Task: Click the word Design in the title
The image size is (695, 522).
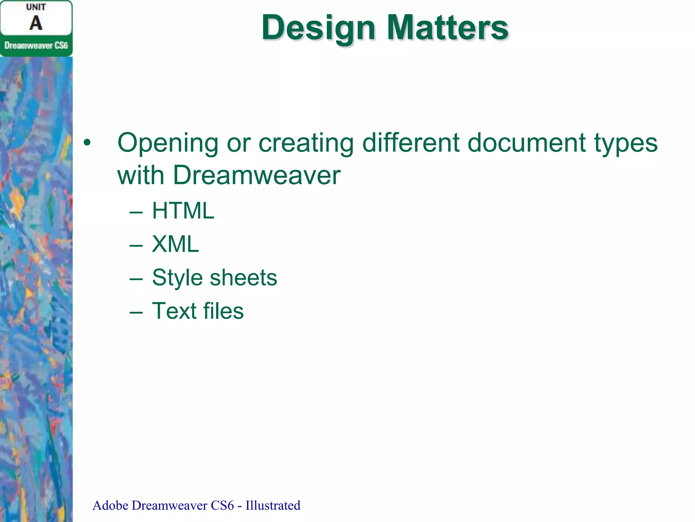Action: coord(318,28)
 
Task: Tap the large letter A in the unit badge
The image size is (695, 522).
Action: coord(36,23)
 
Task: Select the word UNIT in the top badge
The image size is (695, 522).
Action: coord(36,7)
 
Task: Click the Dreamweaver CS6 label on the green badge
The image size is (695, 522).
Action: coord(36,46)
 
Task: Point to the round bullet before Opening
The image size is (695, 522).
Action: coord(87,143)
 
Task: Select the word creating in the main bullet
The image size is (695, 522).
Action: coord(306,143)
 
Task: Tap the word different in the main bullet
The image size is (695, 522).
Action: coord(411,142)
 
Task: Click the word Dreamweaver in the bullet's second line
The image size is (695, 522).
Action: coord(257,175)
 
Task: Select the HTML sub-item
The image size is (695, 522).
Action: coord(183,211)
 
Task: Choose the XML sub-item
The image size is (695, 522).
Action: coord(175,244)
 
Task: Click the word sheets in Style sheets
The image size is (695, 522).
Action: coord(243,277)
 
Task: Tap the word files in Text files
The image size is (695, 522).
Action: coord(223,311)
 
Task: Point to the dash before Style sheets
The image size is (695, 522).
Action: coord(136,278)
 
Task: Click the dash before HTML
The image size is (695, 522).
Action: coord(136,212)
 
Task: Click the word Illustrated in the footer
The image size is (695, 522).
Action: coord(273,505)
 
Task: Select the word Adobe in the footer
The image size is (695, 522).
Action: coord(110,505)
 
